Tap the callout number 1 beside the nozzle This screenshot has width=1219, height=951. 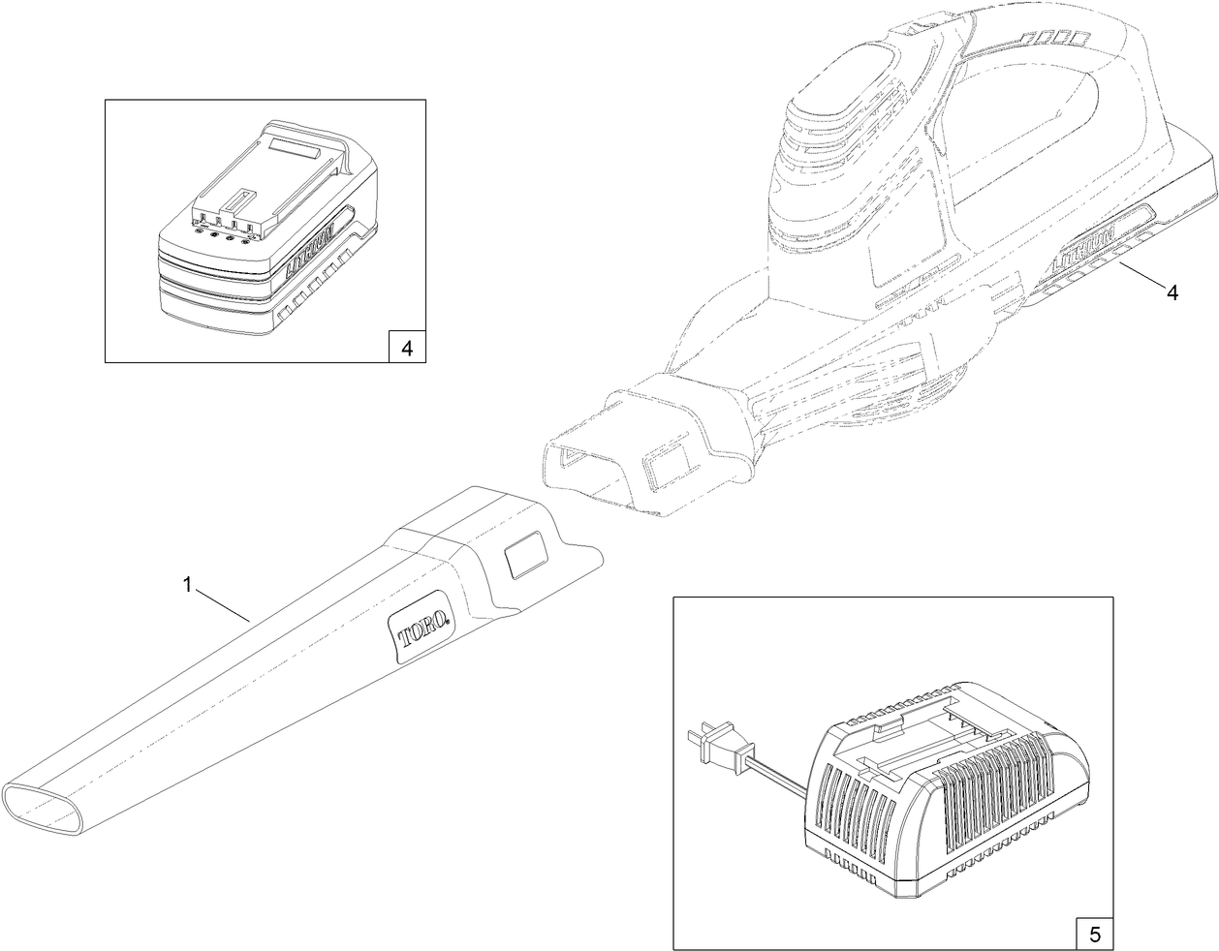[189, 584]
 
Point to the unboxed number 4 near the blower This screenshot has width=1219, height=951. [1172, 293]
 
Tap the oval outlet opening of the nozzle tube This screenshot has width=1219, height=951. [48, 804]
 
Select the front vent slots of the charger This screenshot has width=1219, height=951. [854, 799]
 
